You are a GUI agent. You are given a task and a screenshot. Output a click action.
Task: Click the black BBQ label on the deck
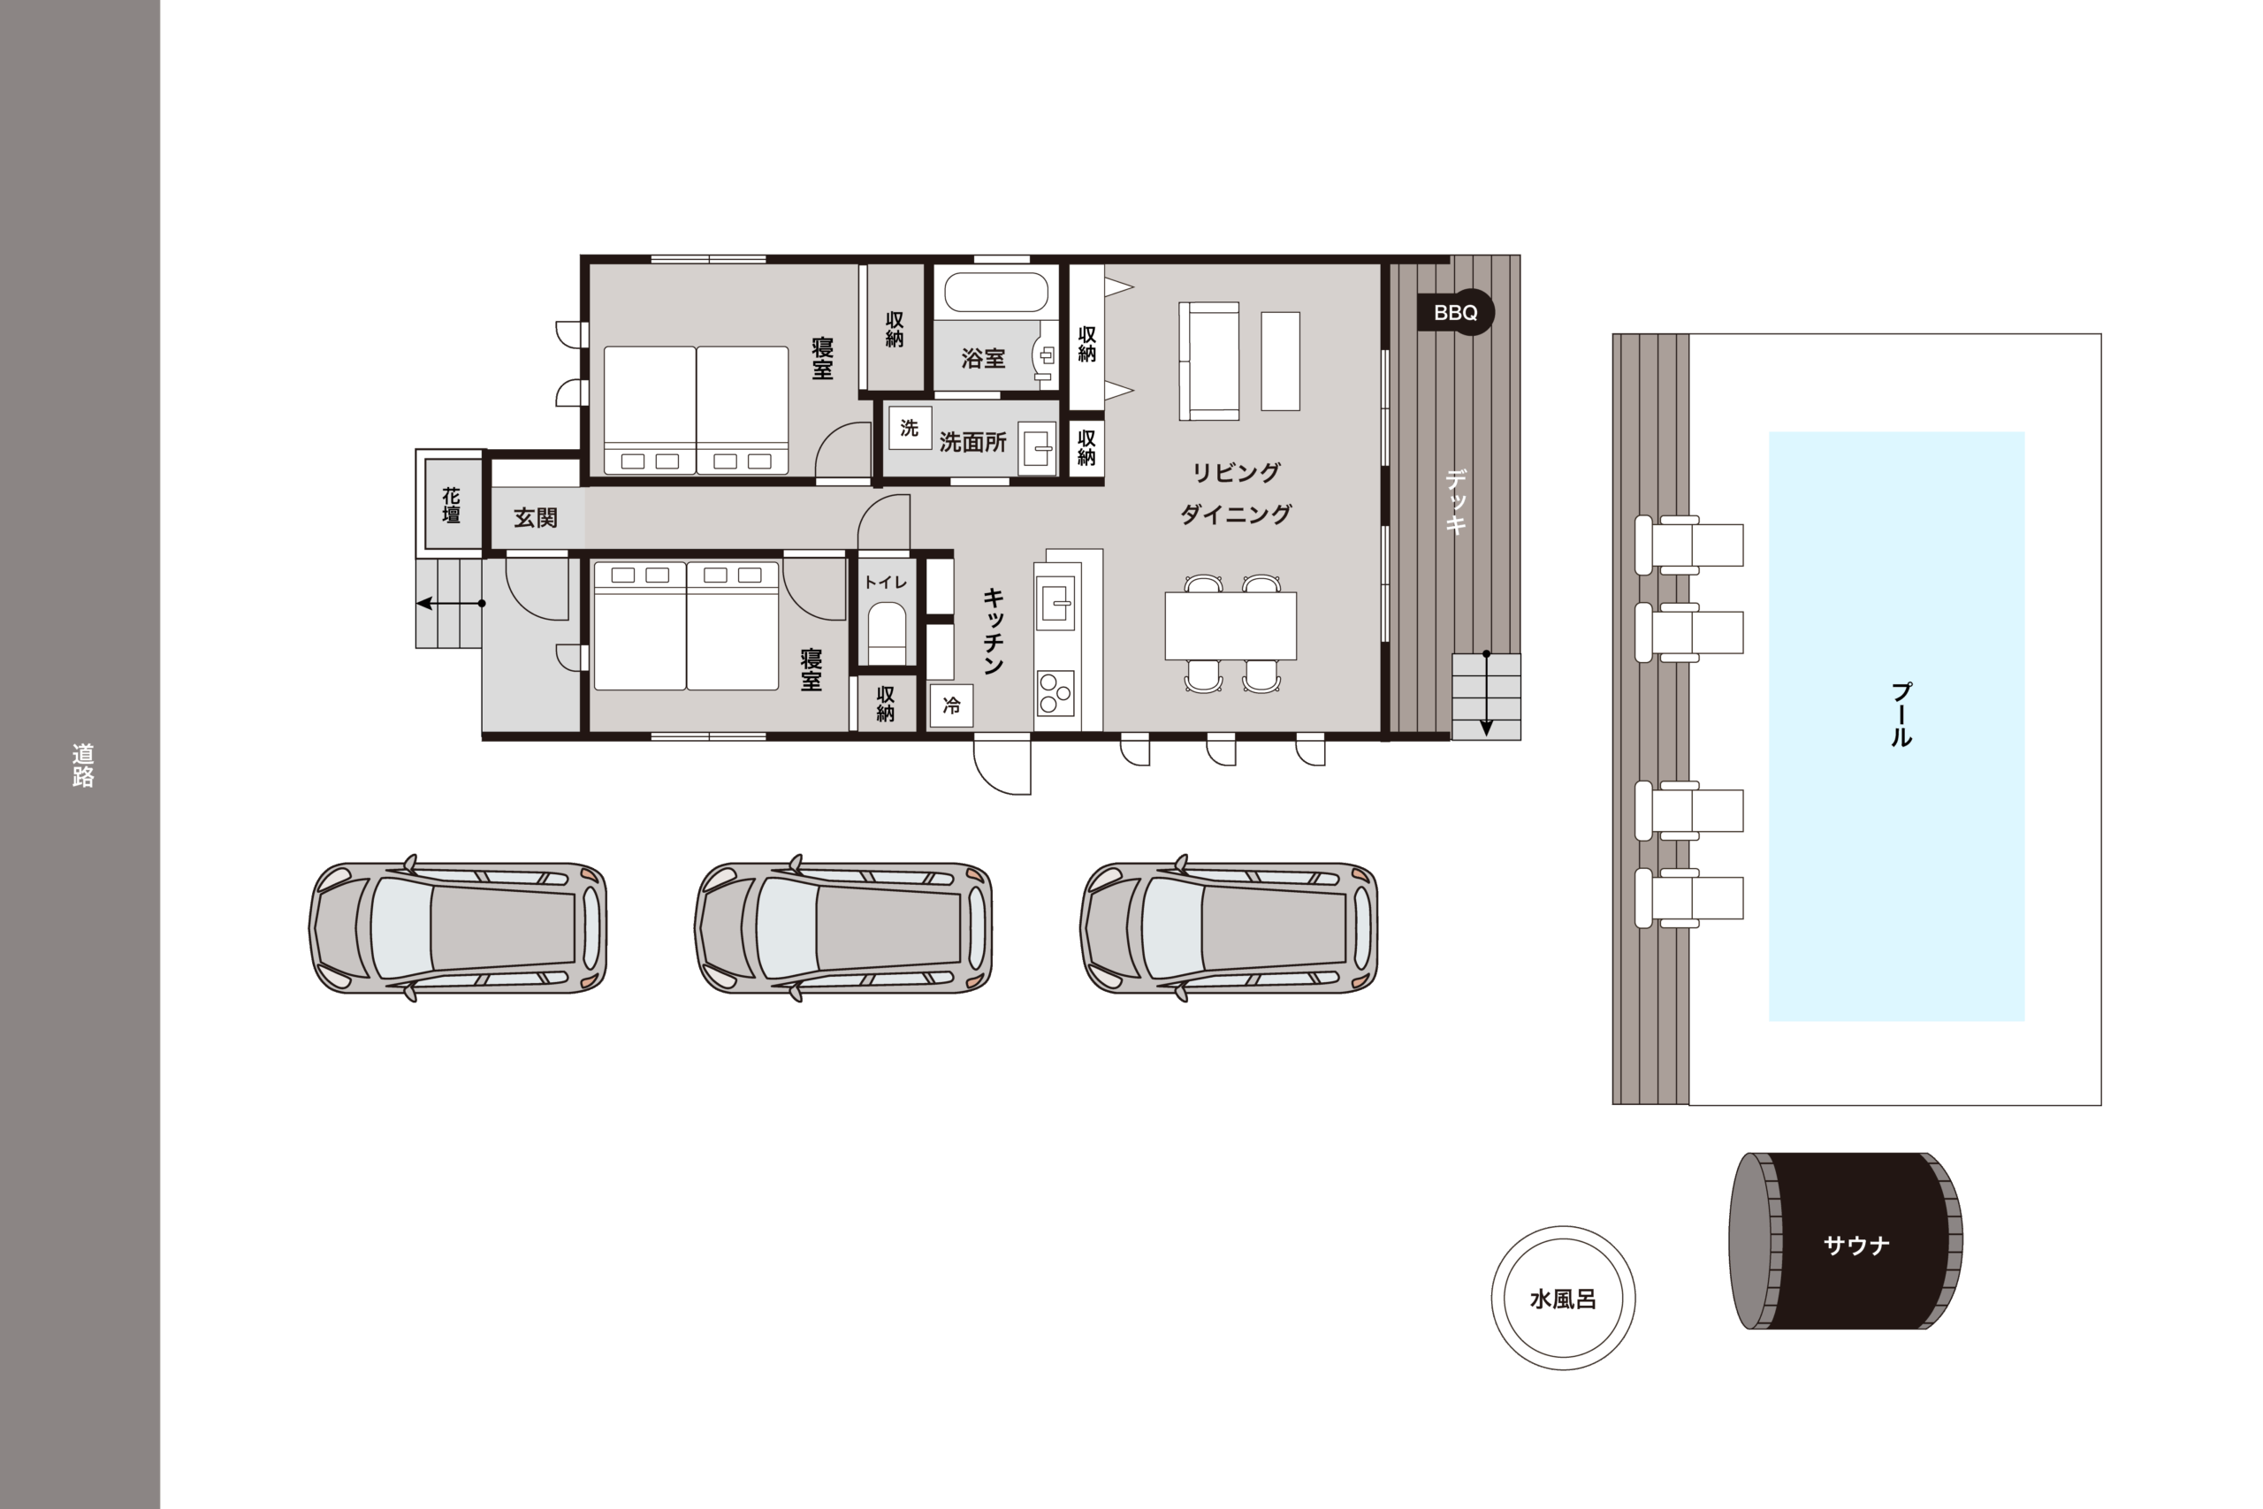1455,313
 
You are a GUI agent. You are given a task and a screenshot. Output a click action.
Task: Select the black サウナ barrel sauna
1846,1241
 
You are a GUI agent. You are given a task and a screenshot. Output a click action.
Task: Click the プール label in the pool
1901,714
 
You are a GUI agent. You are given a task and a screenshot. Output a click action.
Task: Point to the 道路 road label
83,765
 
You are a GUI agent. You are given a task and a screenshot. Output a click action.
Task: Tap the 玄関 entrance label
535,518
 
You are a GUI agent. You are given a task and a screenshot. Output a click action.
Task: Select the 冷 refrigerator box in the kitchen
951,705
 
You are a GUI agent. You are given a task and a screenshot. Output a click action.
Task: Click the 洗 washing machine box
910,428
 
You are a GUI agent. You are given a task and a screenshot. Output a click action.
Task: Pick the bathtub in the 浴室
996,292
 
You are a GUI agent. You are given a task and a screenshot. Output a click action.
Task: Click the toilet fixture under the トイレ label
886,633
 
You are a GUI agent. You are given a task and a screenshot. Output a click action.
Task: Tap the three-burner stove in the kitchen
1055,693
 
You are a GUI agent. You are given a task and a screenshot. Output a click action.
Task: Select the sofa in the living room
1208,361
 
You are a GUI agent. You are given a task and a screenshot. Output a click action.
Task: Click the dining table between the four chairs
1231,626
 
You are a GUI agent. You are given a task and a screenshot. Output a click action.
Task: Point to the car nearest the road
458,927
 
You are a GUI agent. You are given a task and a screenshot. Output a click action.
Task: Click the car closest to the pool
1229,927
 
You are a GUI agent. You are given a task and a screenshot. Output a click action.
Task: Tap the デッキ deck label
1456,500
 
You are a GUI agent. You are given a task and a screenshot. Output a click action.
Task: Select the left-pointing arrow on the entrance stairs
450,604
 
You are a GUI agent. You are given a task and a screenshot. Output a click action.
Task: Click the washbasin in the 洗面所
1037,447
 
